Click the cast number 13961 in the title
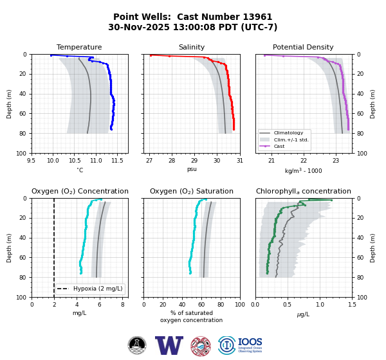[x=257, y=17]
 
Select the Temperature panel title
[x=79, y=47]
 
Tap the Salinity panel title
[x=192, y=47]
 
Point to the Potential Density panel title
[x=303, y=47]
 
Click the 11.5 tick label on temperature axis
[x=117, y=161]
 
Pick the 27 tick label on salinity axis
[x=149, y=161]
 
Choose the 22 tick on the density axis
[x=304, y=161]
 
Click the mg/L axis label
[x=80, y=313]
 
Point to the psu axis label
[x=192, y=169]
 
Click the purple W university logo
[x=169, y=345]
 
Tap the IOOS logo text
[x=250, y=342]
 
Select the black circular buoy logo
[x=137, y=345]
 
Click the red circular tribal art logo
[x=201, y=346]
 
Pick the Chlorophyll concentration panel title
[x=304, y=191]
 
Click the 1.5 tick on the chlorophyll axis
[x=353, y=305]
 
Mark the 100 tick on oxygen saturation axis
[x=240, y=305]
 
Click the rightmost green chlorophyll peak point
[x=331, y=201]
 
